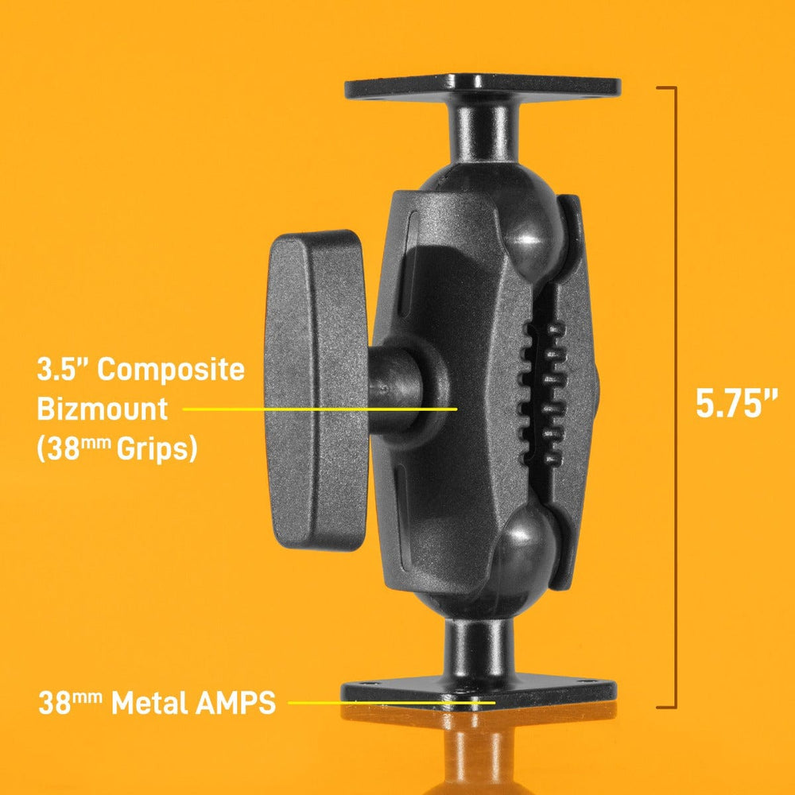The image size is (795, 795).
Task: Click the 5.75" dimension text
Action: pyautogui.click(x=736, y=403)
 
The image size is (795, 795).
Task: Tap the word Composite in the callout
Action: pyautogui.click(x=172, y=370)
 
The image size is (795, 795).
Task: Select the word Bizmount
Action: pyautogui.click(x=103, y=409)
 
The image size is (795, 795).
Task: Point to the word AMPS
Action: pyautogui.click(x=233, y=703)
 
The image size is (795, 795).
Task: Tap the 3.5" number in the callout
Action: pyautogui.click(x=63, y=370)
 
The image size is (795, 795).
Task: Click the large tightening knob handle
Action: pyautogui.click(x=312, y=390)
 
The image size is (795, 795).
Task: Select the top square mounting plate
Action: pyautogui.click(x=482, y=87)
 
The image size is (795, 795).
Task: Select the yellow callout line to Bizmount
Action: pyautogui.click(x=318, y=409)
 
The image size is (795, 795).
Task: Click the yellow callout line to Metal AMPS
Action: pyautogui.click(x=390, y=703)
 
